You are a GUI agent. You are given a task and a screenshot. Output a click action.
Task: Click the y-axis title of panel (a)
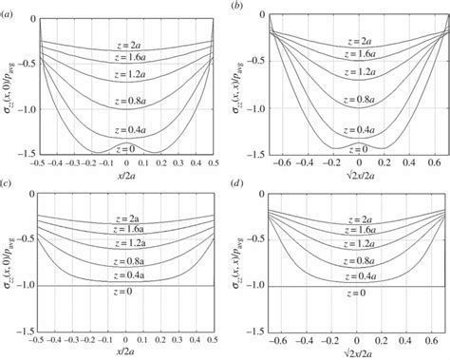tap(9, 85)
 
